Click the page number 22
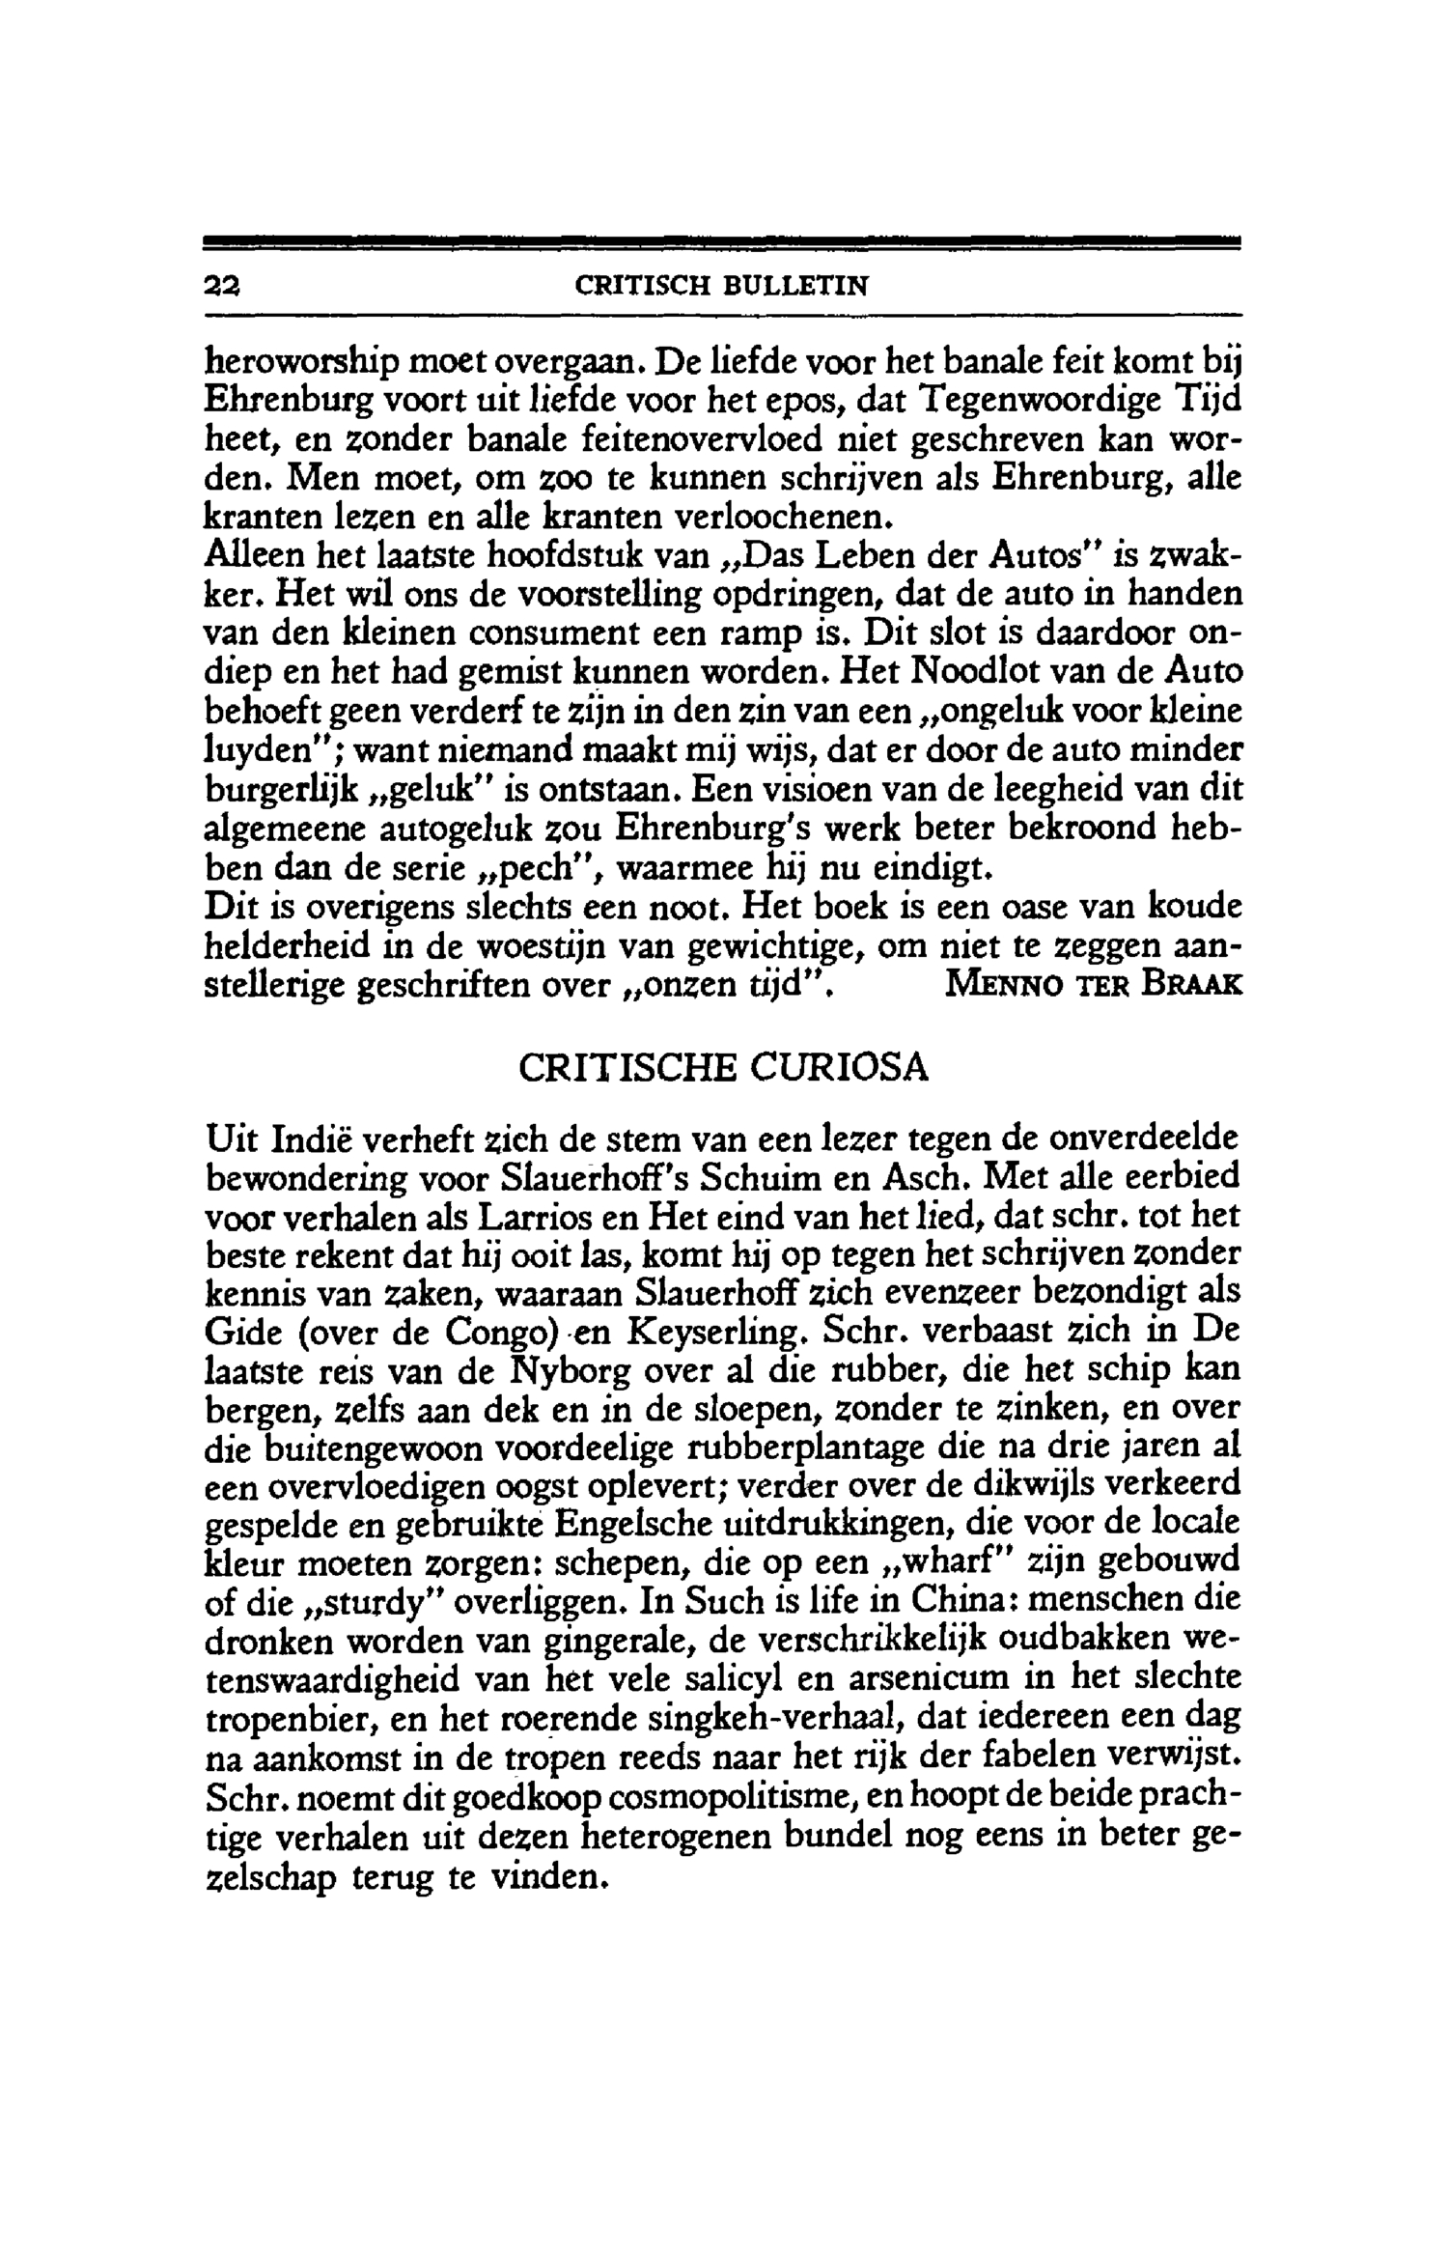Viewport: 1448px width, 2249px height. [x=223, y=286]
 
